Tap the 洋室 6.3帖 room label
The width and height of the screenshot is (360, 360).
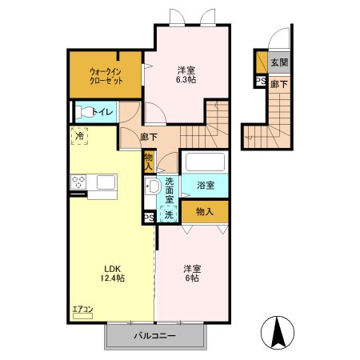pyautogui.click(x=189, y=74)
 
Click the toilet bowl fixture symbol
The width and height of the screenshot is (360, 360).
pyautogui.click(x=82, y=112)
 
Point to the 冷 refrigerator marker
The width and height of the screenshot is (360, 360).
pyautogui.click(x=79, y=137)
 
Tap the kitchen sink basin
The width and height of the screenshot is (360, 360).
pyautogui.click(x=106, y=183)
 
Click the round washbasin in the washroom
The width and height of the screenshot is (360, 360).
pyautogui.click(x=151, y=186)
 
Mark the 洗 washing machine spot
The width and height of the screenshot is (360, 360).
pyautogui.click(x=169, y=214)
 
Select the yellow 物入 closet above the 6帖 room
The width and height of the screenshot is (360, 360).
pyautogui.click(x=205, y=212)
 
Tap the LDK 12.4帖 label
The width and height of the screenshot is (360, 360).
pyautogui.click(x=111, y=273)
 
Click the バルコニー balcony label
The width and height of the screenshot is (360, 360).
pyautogui.click(x=154, y=336)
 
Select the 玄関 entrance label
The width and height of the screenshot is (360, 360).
pyautogui.click(x=279, y=62)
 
